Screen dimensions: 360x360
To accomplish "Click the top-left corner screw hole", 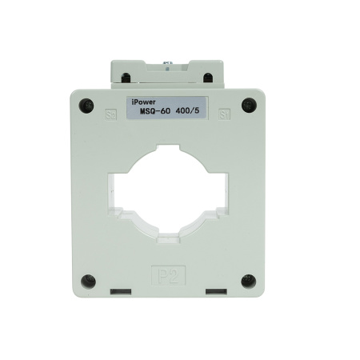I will coord(86,103).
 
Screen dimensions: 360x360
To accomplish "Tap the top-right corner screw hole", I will coord(249,103).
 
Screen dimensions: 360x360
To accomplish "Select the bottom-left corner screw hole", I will coord(87,281).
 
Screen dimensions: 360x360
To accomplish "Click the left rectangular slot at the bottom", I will coord(120,290).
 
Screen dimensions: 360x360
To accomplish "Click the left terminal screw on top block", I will coord(125,78).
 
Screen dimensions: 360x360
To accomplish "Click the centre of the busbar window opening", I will coord(168,188).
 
